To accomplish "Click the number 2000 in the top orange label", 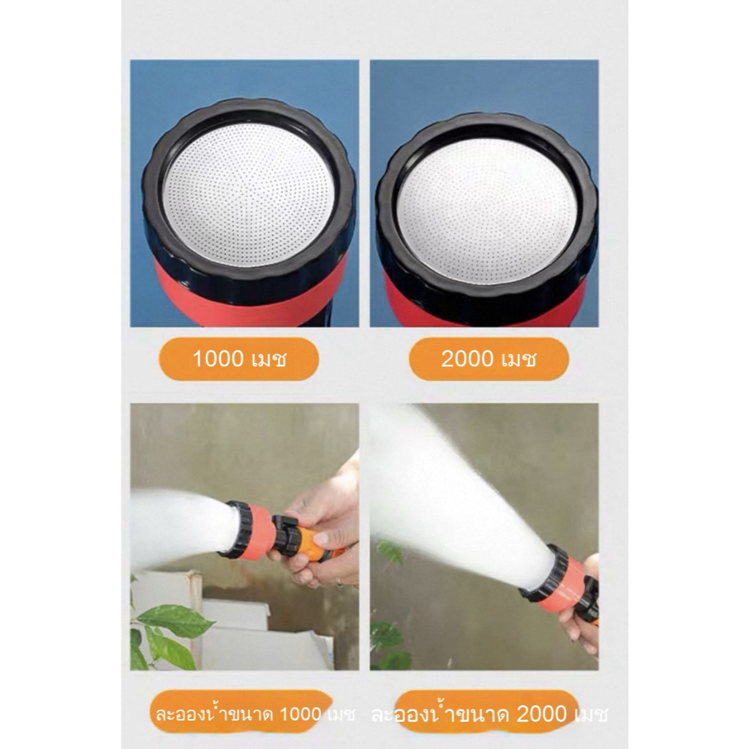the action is point(467,358).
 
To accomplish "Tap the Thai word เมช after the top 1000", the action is point(268,359).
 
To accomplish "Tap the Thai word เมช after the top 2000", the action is point(518,359).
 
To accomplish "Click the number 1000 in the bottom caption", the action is point(300,715).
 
